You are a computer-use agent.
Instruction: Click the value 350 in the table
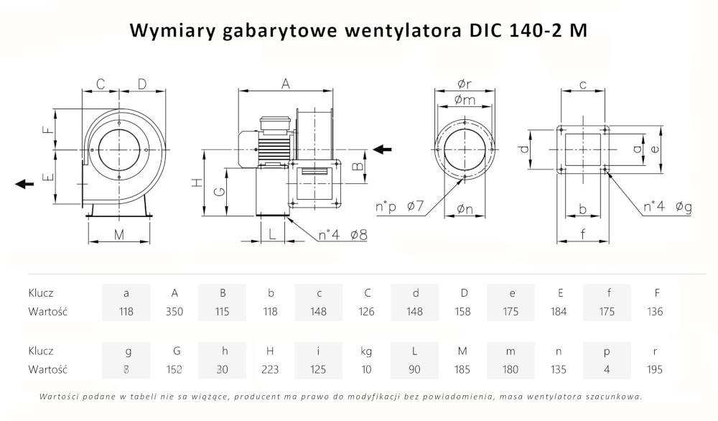point(174,312)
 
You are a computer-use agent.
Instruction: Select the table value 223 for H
point(270,370)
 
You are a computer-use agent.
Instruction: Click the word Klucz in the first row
point(41,293)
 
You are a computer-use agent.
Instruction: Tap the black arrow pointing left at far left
point(24,184)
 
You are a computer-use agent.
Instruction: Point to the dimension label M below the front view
point(119,234)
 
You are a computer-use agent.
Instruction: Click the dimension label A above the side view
point(285,84)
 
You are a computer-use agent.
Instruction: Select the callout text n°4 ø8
point(342,234)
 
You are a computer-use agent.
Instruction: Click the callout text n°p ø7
point(401,208)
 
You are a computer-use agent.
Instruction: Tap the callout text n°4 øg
point(667,208)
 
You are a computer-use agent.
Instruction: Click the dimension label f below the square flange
point(583,233)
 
